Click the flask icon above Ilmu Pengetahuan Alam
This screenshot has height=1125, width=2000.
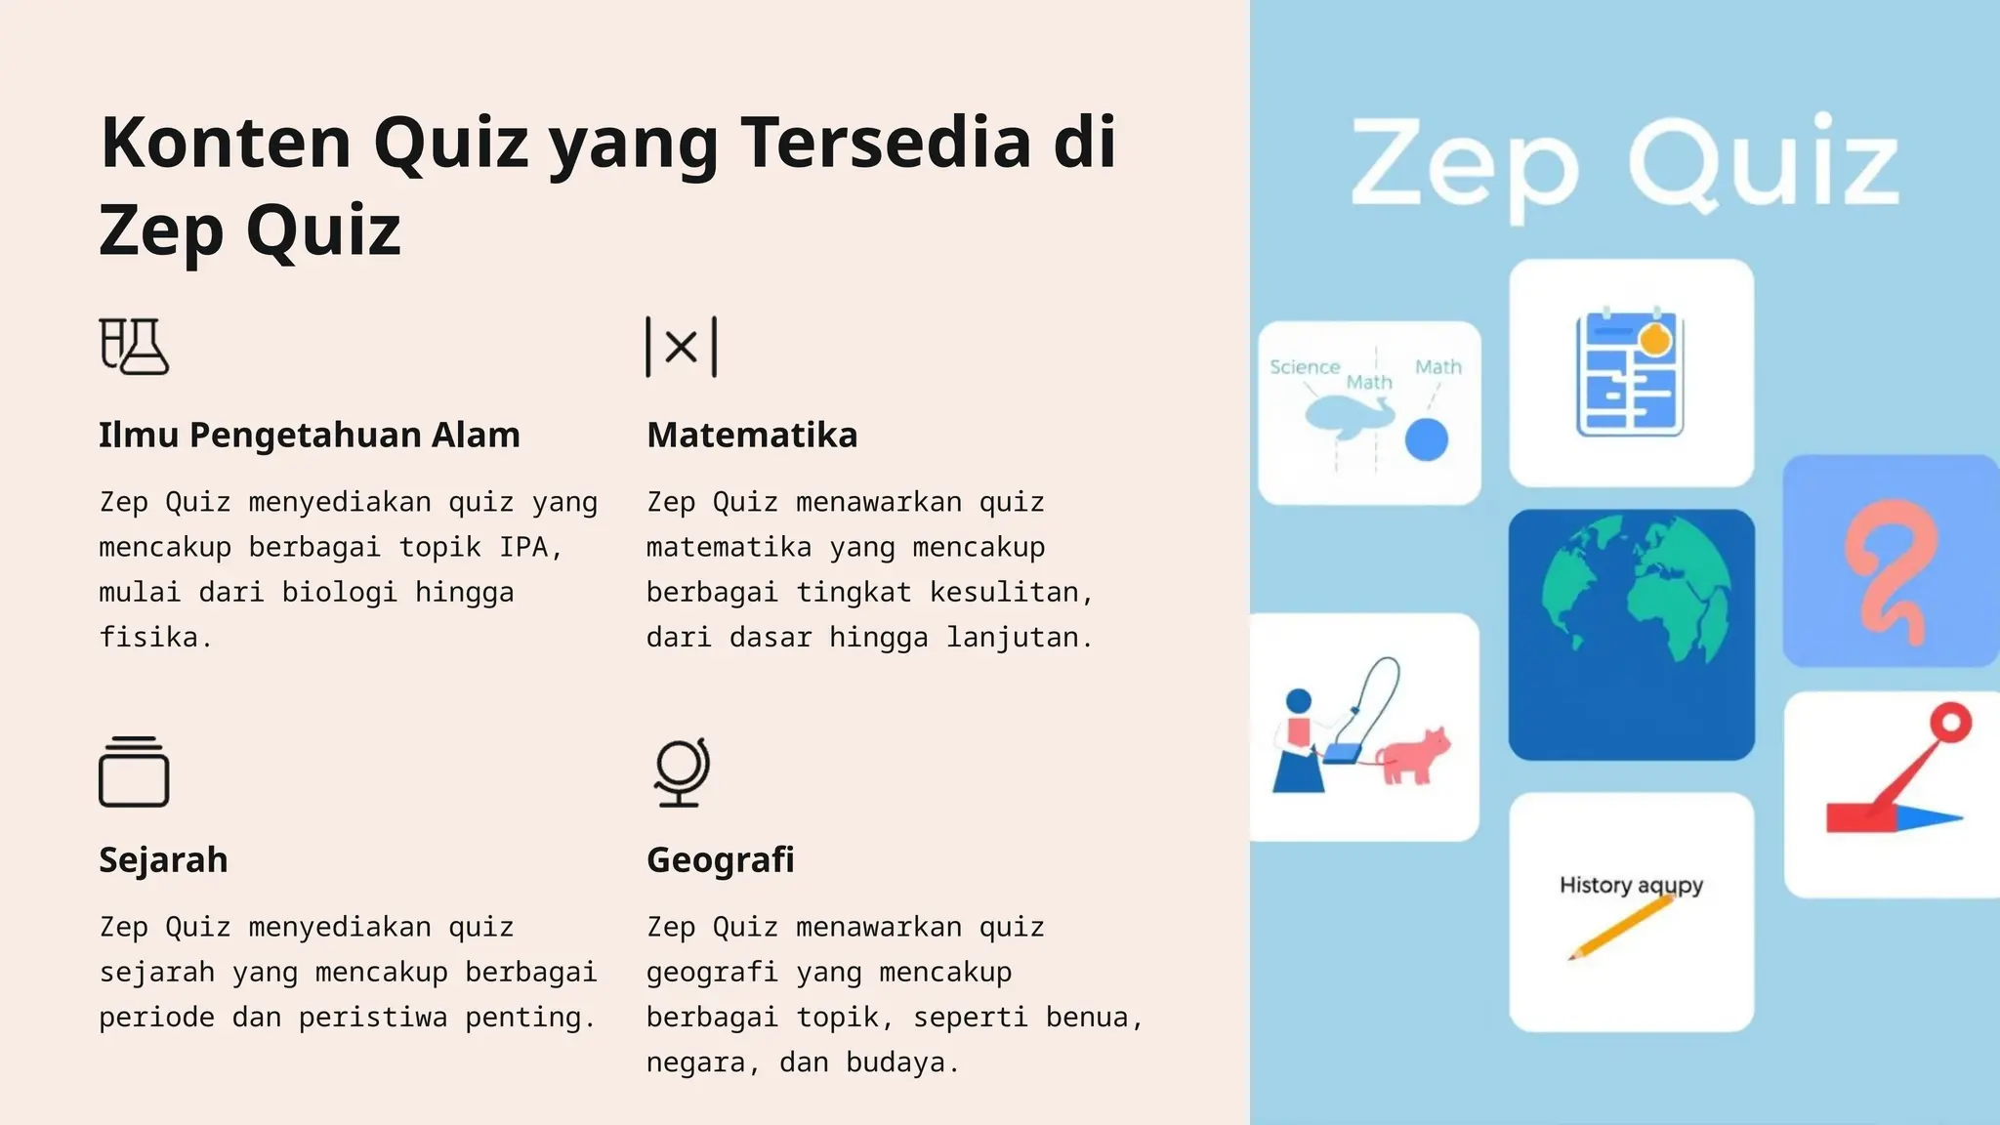coord(134,346)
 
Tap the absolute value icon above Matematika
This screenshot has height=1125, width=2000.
coord(681,347)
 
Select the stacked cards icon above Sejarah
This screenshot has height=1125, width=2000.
coord(134,771)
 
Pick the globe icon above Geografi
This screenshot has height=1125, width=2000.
coord(681,771)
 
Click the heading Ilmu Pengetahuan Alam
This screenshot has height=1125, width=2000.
coord(309,435)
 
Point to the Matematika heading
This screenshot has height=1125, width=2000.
coord(752,435)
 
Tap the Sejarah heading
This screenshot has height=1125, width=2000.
coord(163,859)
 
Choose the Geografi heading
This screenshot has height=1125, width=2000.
coord(720,859)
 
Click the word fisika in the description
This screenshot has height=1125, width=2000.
coord(149,637)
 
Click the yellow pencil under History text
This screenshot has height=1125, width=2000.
coord(1621,927)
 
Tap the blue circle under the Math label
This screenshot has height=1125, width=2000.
coord(1426,439)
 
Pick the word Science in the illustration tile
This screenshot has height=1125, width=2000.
coord(1304,367)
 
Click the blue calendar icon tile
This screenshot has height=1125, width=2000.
coord(1630,372)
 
